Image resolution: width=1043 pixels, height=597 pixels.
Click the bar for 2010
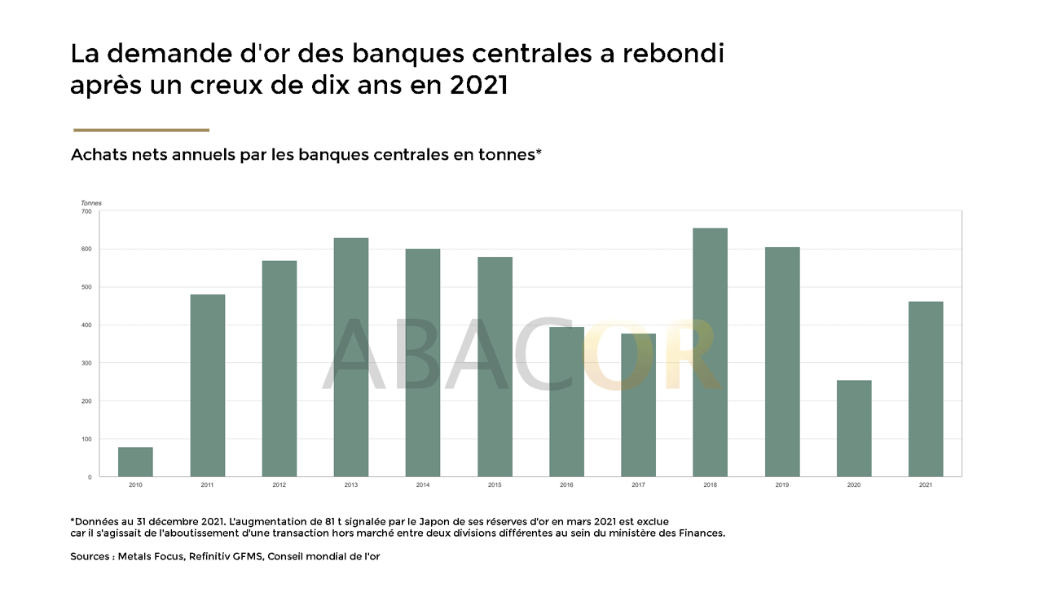(x=135, y=462)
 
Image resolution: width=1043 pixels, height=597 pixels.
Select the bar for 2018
(x=710, y=352)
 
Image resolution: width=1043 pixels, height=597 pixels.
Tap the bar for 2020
(x=854, y=428)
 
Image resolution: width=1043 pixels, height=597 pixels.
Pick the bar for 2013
(x=350, y=357)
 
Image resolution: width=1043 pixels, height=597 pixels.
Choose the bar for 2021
(x=926, y=389)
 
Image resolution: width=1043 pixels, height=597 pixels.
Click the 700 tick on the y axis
(x=86, y=211)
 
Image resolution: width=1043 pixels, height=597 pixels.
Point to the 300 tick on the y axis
(x=86, y=363)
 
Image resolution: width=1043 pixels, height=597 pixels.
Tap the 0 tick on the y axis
(x=90, y=477)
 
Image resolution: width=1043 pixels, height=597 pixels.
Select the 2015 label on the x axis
(x=495, y=485)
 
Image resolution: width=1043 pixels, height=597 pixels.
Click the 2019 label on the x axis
(x=782, y=485)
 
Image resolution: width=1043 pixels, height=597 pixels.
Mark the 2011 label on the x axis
(x=207, y=485)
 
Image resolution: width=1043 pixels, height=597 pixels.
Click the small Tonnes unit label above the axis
(x=91, y=202)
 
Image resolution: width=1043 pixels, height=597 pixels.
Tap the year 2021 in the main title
(x=478, y=86)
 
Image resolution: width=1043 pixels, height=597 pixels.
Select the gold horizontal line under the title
(x=141, y=130)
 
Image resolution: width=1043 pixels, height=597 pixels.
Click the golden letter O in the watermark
(x=619, y=355)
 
